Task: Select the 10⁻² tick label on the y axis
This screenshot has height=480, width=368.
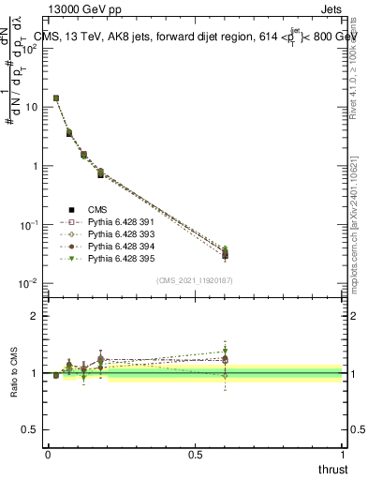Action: (27, 283)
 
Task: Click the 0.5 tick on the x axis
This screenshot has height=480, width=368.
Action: (195, 456)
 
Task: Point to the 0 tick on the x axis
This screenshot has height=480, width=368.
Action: (48, 456)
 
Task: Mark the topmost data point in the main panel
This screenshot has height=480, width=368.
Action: (56, 97)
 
